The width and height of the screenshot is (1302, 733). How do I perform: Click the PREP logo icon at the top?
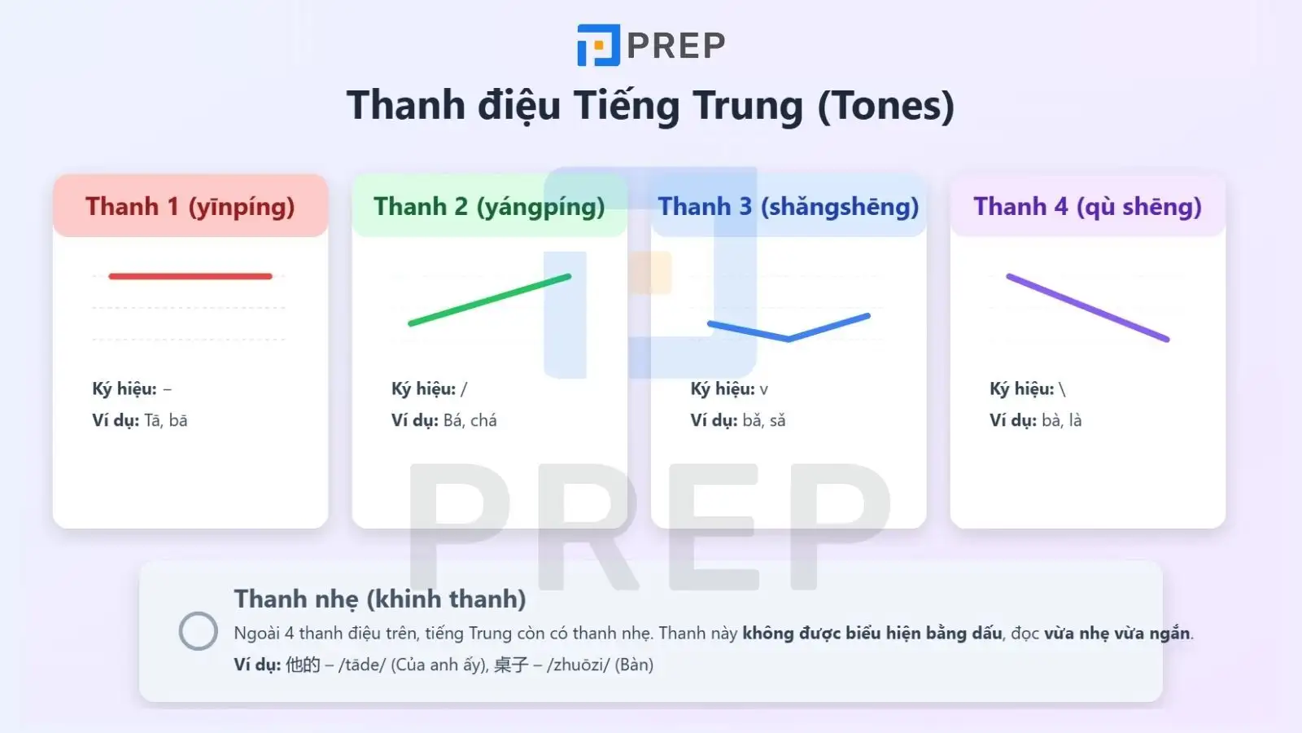[x=598, y=45]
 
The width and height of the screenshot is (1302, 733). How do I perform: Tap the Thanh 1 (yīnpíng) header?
[x=190, y=207]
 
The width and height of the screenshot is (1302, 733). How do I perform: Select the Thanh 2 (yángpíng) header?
[x=489, y=207]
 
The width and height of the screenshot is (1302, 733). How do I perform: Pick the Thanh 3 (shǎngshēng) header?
[x=788, y=207]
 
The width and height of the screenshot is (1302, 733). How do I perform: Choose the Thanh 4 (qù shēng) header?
[x=1087, y=207]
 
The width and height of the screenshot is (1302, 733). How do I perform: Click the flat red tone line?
[x=190, y=276]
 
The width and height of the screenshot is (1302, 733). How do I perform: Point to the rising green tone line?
[x=489, y=301]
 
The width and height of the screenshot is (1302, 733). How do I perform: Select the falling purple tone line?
[x=1087, y=308]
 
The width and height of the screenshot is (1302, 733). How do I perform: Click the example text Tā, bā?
[x=166, y=420]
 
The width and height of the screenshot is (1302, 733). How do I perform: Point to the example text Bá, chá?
[x=470, y=420]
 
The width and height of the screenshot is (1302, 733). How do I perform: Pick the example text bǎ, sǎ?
[x=764, y=420]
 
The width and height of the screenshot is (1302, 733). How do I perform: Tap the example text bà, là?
[x=1062, y=420]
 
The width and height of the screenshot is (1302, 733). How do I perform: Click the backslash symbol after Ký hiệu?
[x=1062, y=389]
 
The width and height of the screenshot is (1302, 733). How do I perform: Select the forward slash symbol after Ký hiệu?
[x=464, y=389]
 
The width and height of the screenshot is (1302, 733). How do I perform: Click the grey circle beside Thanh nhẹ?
[x=198, y=631]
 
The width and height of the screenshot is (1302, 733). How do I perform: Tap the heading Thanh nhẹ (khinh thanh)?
[x=380, y=599]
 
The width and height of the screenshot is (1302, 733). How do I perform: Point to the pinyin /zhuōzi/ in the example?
[x=578, y=665]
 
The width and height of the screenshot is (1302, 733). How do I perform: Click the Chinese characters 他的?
[x=303, y=665]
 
